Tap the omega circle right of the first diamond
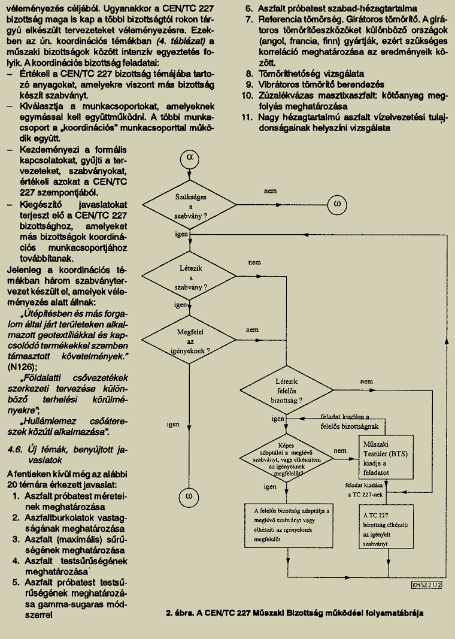pyautogui.click(x=337, y=204)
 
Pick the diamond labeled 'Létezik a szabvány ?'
pyautogui.click(x=190, y=277)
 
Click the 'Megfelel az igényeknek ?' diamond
pyautogui.click(x=190, y=341)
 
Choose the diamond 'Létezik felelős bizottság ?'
pyautogui.click(x=286, y=390)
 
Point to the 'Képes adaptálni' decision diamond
pyautogui.click(x=286, y=459)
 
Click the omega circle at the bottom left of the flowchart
pyautogui.click(x=189, y=497)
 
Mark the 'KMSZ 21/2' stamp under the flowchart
pyautogui.click(x=427, y=585)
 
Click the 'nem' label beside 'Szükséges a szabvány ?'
pyautogui.click(x=270, y=190)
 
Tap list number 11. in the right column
pyautogui.click(x=247, y=117)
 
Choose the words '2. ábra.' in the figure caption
pyautogui.click(x=180, y=613)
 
